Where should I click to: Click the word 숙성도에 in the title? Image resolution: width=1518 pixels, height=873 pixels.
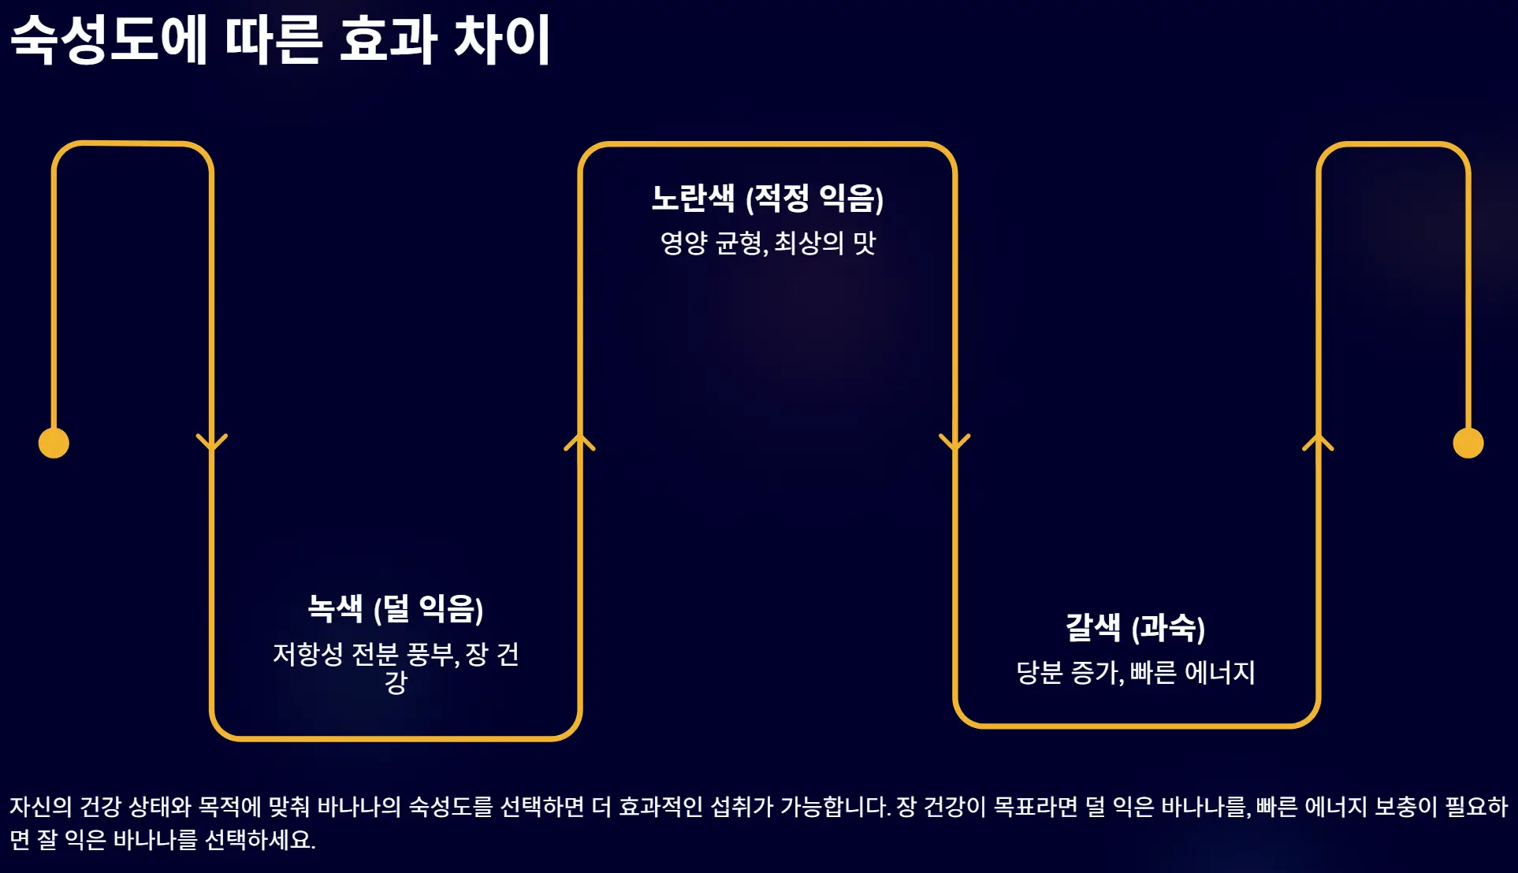point(109,39)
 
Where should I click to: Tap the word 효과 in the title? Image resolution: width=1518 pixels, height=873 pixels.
point(388,39)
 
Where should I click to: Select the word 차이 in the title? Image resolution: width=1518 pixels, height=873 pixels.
point(501,39)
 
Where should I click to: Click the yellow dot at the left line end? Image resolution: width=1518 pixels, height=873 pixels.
point(54,443)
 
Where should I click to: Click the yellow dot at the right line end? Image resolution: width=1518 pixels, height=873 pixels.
point(1468,443)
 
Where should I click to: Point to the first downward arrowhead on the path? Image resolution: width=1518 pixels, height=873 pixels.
point(211,442)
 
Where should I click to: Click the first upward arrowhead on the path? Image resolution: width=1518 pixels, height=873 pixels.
point(579,442)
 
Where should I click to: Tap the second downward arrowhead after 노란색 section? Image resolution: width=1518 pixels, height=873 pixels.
point(954,442)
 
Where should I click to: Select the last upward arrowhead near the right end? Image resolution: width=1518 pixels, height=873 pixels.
point(1318,442)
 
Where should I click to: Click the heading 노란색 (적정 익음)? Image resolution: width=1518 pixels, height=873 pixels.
point(767,198)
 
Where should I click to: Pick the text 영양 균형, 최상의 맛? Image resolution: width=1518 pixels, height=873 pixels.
point(767,243)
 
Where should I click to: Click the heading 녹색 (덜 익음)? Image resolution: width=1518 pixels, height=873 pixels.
point(395,608)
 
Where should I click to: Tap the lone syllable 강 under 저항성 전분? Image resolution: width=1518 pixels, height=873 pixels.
point(396,682)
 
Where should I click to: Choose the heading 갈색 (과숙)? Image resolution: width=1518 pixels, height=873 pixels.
point(1135,628)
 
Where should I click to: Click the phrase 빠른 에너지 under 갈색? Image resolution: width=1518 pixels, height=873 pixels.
point(1192,672)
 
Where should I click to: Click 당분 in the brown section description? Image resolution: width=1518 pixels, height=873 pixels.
point(1040,672)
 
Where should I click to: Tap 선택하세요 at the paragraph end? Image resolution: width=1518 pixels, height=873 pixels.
point(260,840)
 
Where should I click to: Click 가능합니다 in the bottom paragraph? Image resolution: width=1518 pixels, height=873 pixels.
point(835,807)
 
